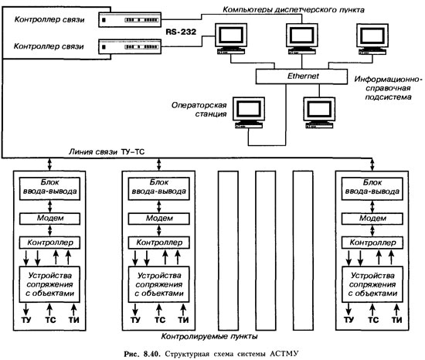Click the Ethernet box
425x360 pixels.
(301, 76)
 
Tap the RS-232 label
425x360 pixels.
(181, 32)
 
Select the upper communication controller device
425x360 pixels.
(130, 20)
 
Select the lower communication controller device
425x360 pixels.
(130, 46)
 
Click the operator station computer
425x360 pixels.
(249, 113)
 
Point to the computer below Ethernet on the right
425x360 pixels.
(319, 113)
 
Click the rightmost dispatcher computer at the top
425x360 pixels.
(372, 39)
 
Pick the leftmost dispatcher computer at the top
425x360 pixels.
(231, 39)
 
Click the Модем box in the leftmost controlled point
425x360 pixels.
(49, 219)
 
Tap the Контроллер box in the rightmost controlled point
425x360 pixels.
(372, 243)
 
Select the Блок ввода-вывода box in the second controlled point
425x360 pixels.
(159, 188)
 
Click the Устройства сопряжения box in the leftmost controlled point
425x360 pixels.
(49, 284)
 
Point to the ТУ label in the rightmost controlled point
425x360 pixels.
(348, 320)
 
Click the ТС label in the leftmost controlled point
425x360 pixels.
(50, 320)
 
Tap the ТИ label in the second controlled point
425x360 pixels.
(183, 320)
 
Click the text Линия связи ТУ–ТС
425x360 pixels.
(107, 151)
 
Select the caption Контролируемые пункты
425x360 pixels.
(209, 337)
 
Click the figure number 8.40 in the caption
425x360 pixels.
(152, 354)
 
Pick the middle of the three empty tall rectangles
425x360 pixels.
(266, 250)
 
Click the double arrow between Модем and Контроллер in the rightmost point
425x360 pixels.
(372, 230)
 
